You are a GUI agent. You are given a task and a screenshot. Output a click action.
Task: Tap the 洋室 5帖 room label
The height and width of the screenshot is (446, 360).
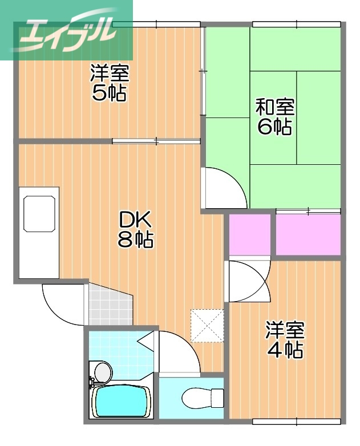110,83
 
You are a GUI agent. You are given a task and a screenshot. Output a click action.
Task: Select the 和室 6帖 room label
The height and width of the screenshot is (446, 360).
274,116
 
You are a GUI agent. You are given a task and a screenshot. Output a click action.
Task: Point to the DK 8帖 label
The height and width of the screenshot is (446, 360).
135,229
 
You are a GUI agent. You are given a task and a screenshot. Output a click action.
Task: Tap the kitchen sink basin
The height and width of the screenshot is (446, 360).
39,213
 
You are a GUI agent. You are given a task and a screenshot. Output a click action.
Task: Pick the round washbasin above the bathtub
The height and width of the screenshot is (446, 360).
103,372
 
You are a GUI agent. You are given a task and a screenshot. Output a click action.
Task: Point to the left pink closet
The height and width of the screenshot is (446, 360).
250,234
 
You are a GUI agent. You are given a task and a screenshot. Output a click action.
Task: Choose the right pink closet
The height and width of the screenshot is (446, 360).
308,234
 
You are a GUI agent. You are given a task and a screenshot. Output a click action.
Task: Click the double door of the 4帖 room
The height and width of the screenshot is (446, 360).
248,280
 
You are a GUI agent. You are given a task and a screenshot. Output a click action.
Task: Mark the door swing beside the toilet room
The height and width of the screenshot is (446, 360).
178,352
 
